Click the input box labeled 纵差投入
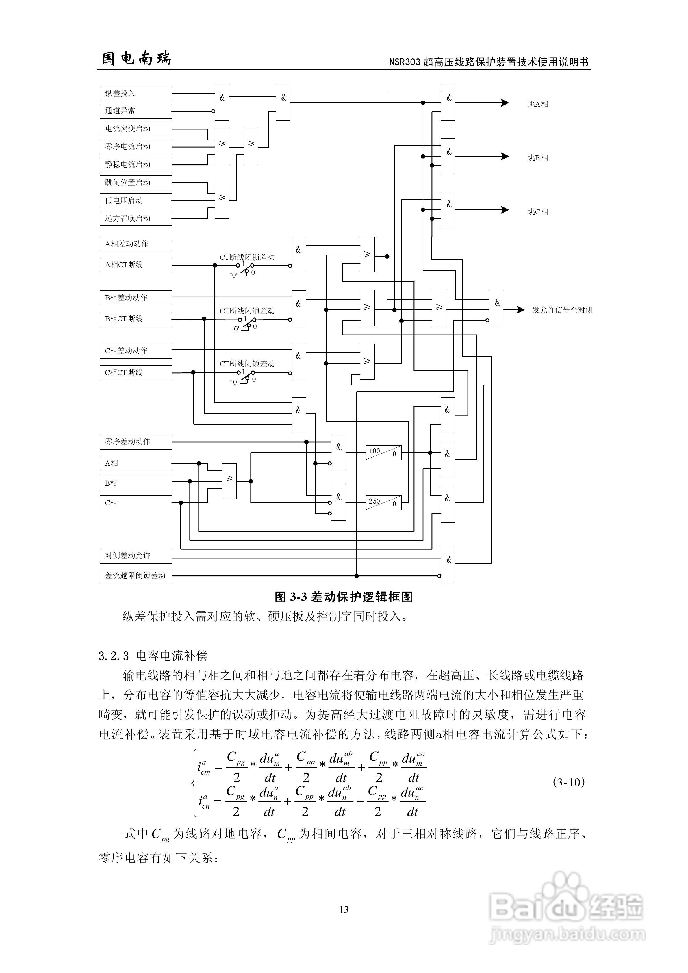click(x=136, y=94)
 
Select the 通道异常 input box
click(x=136, y=111)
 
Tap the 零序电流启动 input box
click(x=136, y=147)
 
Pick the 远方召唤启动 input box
click(x=136, y=218)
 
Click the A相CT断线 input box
click(x=136, y=265)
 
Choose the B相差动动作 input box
click(x=136, y=298)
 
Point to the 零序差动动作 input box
click(x=136, y=442)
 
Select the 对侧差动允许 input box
click(x=136, y=556)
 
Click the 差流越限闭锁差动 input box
click(x=136, y=575)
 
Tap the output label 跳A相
click(x=537, y=104)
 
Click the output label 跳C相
click(x=537, y=211)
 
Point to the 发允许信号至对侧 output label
click(x=562, y=310)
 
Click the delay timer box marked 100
click(x=383, y=453)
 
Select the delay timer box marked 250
click(x=383, y=503)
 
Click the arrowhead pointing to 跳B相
click(x=505, y=156)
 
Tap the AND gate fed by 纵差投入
click(x=222, y=103)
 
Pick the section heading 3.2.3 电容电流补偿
click(x=153, y=656)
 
